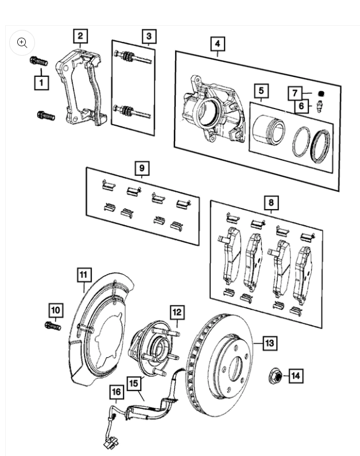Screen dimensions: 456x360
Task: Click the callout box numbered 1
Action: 41,82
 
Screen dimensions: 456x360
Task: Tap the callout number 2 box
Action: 80,36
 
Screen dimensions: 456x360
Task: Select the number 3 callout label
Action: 148,36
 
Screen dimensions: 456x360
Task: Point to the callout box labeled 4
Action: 217,44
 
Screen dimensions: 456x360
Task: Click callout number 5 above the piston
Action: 261,91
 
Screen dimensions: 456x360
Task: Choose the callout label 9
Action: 141,169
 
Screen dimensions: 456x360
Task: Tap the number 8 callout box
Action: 271,202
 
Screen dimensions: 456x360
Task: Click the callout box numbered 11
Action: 84,275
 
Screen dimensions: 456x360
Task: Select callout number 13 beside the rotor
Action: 269,343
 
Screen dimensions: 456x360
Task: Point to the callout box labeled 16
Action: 117,392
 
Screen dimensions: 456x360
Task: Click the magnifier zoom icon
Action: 22,42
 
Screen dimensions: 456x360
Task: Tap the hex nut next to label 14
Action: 275,377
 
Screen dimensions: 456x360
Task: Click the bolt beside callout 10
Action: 52,326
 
